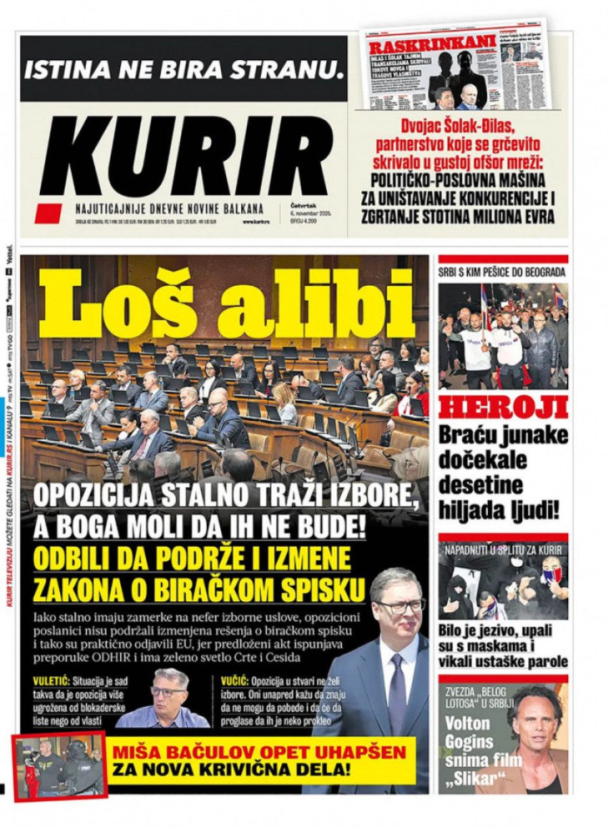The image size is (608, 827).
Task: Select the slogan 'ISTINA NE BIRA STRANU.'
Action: (x=184, y=68)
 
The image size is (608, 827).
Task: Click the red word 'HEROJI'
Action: (x=503, y=408)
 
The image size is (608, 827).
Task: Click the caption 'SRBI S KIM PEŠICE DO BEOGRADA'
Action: (x=503, y=273)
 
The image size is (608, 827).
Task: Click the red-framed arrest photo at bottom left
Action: (x=60, y=766)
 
